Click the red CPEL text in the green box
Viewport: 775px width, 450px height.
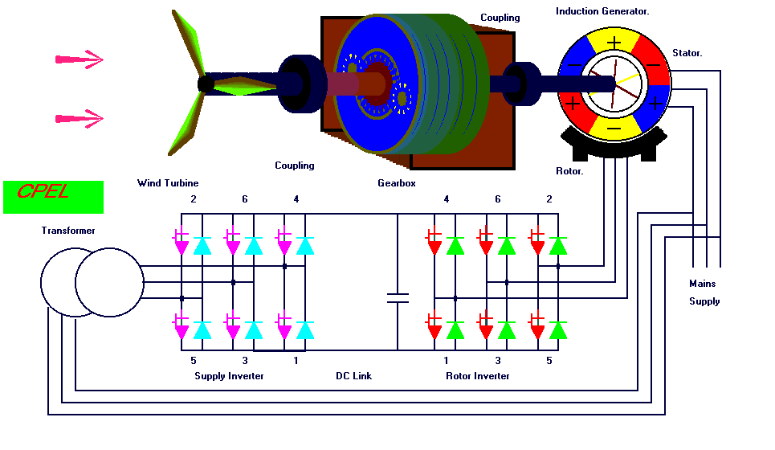pyautogui.click(x=43, y=193)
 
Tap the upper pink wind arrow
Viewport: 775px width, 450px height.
pyautogui.click(x=80, y=59)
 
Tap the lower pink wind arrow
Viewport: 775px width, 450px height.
pyautogui.click(x=80, y=119)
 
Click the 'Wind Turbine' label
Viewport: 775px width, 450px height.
pyautogui.click(x=167, y=183)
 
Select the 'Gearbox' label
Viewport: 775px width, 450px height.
pyautogui.click(x=396, y=183)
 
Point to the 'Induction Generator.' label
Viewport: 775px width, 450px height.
pyautogui.click(x=602, y=11)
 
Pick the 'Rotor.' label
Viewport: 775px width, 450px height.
pyautogui.click(x=569, y=171)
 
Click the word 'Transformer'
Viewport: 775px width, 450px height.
pyautogui.click(x=68, y=231)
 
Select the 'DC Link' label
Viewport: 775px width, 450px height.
pyautogui.click(x=353, y=376)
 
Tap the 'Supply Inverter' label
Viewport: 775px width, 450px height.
pyautogui.click(x=229, y=376)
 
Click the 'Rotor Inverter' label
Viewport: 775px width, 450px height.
pyautogui.click(x=478, y=376)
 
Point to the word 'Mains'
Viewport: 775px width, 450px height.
pyautogui.click(x=702, y=284)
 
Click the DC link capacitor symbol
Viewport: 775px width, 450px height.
pyautogui.click(x=398, y=298)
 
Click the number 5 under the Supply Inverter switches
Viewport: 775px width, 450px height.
pyautogui.click(x=194, y=361)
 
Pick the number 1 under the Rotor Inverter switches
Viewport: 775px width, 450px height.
pyautogui.click(x=447, y=361)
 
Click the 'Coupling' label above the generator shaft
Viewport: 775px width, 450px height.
pyautogui.click(x=500, y=18)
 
